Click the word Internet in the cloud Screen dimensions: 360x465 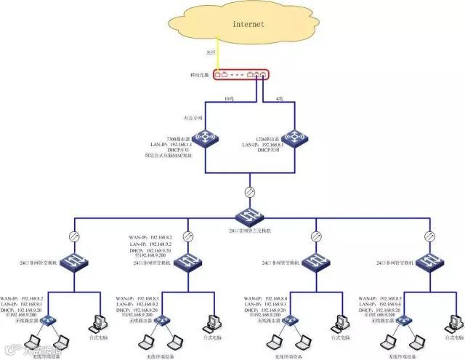[248, 25]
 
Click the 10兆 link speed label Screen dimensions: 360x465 [230, 97]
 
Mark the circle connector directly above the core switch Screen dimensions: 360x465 [248, 192]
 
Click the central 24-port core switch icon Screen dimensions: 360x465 [248, 215]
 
